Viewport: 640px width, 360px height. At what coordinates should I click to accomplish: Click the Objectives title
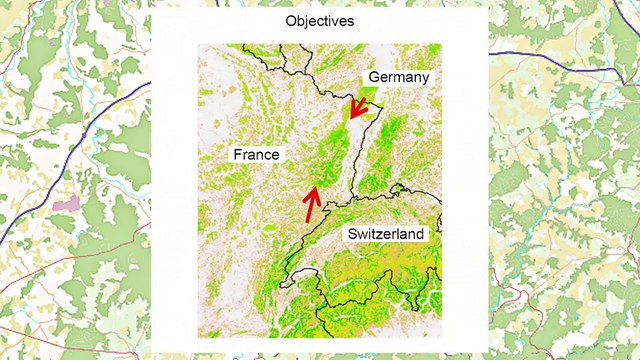coord(321,21)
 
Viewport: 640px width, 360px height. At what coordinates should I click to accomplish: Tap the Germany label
coord(398,77)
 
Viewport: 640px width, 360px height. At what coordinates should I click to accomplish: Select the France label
coord(256,155)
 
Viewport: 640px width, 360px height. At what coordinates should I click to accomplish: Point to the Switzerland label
coord(386,234)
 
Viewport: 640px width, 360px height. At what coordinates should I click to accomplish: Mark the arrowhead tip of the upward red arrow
coord(317,186)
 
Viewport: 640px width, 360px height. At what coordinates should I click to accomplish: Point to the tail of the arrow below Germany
coord(365,97)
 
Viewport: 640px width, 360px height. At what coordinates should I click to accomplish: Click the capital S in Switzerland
coord(351,234)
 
